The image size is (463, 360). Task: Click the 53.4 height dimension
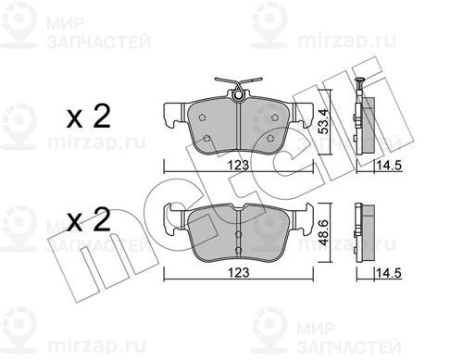[323, 119]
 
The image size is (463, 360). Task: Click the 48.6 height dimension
[323, 232]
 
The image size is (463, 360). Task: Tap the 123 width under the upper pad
[239, 166]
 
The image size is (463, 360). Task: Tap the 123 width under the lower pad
[239, 272]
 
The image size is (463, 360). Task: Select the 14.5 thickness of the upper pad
[389, 166]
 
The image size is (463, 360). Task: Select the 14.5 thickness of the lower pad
[389, 273]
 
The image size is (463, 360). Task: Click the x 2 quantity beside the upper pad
[89, 117]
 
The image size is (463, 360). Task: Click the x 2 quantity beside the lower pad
[89, 219]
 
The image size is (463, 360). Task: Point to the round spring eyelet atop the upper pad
[238, 95]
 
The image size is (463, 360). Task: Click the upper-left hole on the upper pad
[202, 118]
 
